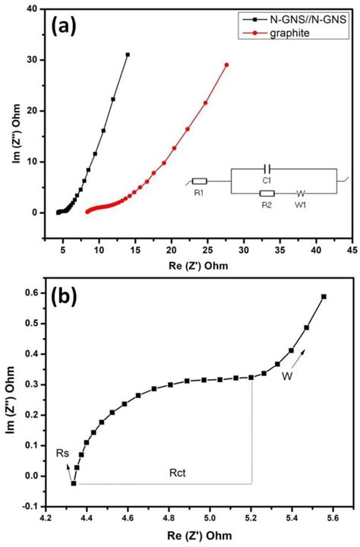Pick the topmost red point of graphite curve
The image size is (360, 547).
(226, 65)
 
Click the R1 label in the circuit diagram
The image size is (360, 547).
(199, 194)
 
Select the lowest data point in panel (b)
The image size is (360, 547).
(74, 483)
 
